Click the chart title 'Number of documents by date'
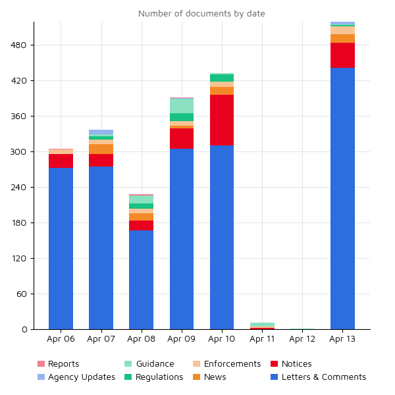[201, 14]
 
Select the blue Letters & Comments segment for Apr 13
[342, 198]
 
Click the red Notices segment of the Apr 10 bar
[222, 120]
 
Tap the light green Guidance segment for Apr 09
[182, 105]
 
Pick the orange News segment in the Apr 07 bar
[101, 149]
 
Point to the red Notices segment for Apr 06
[61, 161]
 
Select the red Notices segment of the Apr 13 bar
[342, 55]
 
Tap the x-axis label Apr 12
[302, 339]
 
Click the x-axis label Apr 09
[182, 339]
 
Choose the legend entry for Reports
[63, 364]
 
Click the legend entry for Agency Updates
[81, 377]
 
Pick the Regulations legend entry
[159, 377]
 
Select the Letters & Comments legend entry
[323, 377]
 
